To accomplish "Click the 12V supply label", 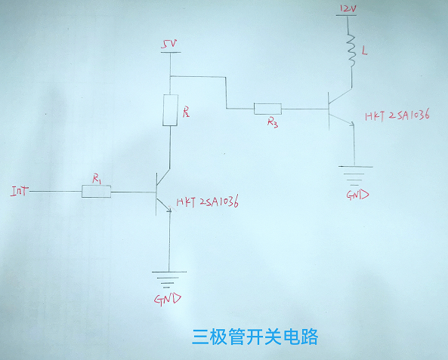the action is pos(348,9).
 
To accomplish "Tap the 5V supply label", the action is pos(169,45).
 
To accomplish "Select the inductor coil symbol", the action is pos(351,51).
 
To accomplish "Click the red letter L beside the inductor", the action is pos(364,51).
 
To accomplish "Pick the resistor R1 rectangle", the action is pos(96,191).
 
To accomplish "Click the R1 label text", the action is pos(97,179).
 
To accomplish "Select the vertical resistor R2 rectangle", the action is pos(170,110).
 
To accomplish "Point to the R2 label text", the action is pos(186,112).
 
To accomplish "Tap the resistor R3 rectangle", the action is pos(267,109).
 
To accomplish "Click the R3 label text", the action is pos(273,122).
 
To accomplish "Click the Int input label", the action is pos(20,191).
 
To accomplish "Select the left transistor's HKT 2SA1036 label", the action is pos(208,202).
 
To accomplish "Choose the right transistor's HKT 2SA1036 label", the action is pos(397,115).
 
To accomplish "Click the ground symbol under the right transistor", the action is pos(355,175).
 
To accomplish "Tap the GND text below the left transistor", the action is pos(168,300).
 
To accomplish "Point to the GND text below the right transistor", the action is pos(357,195).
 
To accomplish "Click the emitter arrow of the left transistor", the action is pos(169,209).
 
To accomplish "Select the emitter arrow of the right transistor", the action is pos(351,123).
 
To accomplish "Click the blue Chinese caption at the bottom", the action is pos(255,337).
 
